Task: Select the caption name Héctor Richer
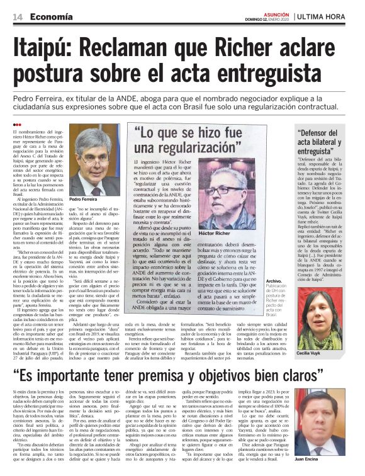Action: pyautogui.click(x=232, y=233)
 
